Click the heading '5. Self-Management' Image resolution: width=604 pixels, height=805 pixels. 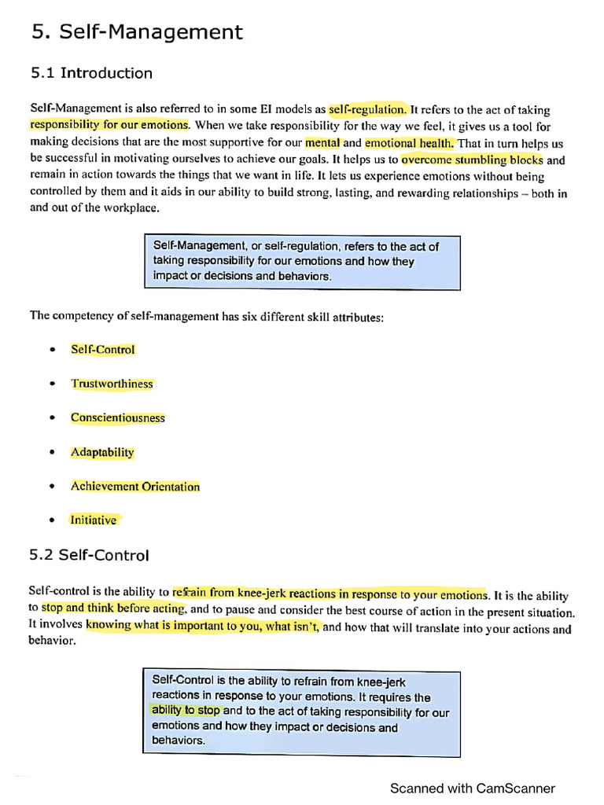[137, 32]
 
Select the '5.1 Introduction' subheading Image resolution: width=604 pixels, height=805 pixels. [91, 73]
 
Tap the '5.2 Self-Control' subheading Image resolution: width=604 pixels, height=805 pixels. [89, 555]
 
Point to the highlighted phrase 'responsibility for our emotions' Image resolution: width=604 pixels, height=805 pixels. [109, 125]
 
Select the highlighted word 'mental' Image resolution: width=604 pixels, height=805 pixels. [322, 143]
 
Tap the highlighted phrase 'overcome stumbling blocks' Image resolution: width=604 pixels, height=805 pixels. [472, 160]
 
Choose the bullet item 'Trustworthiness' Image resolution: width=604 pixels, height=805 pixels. [112, 384]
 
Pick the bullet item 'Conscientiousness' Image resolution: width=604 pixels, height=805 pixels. [118, 418]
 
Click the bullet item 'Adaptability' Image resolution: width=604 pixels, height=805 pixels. [102, 453]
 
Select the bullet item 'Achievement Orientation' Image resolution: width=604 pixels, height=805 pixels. [135, 487]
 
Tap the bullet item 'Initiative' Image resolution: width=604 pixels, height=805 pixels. [94, 520]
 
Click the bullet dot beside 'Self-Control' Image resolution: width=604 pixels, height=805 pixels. [52, 350]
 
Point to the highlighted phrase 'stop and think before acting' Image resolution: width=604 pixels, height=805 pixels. [113, 608]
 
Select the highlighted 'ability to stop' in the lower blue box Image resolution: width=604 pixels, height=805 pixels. [186, 711]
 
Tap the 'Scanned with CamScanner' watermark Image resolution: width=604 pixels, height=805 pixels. [472, 788]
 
